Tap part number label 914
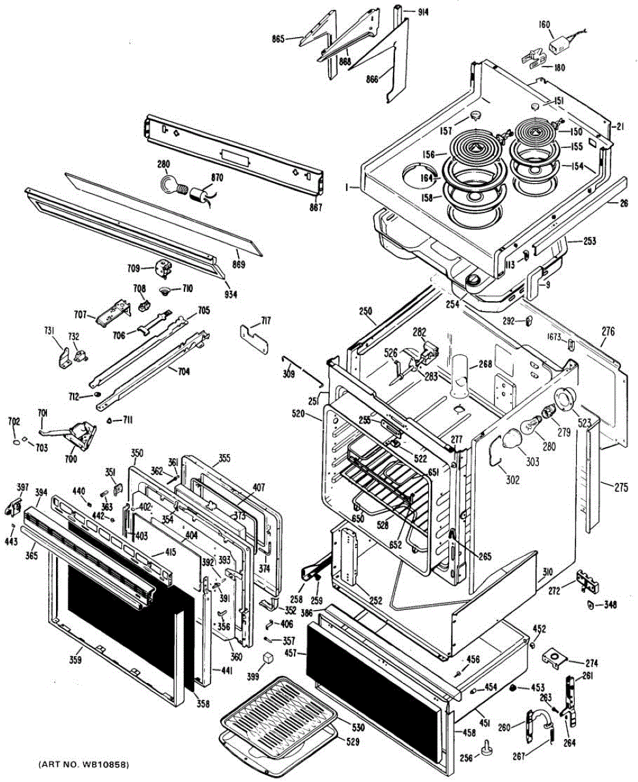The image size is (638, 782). click(x=424, y=12)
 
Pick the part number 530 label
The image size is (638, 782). click(x=358, y=727)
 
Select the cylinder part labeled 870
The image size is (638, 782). click(x=199, y=195)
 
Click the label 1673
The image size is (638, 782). click(x=555, y=337)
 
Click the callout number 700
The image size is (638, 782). click(x=70, y=459)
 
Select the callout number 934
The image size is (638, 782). click(x=231, y=295)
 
